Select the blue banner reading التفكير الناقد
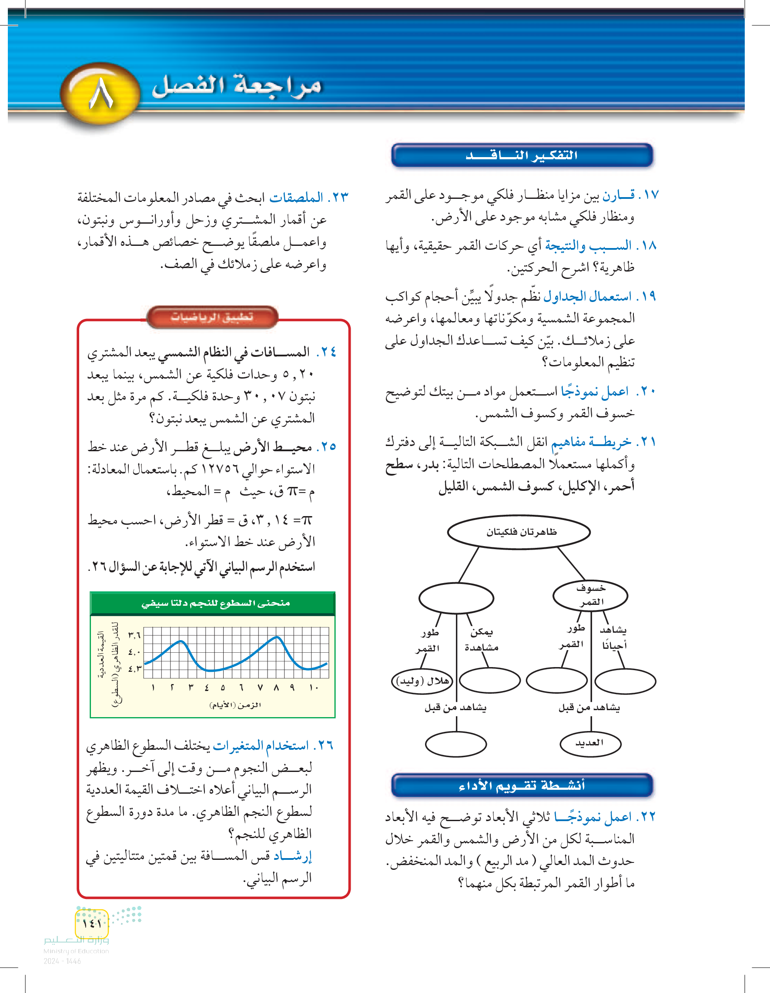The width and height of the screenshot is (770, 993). [522, 155]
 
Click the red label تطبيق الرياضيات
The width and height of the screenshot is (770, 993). [212, 317]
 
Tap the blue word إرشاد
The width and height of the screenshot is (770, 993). [292, 856]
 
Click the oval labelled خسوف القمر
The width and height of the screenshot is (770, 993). [590, 595]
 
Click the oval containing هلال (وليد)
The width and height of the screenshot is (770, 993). [422, 681]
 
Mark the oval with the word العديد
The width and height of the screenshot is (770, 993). [590, 742]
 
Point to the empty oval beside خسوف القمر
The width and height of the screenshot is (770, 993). [456, 598]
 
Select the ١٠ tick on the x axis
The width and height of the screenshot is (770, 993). [314, 688]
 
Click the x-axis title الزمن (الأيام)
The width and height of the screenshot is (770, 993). [235, 705]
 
